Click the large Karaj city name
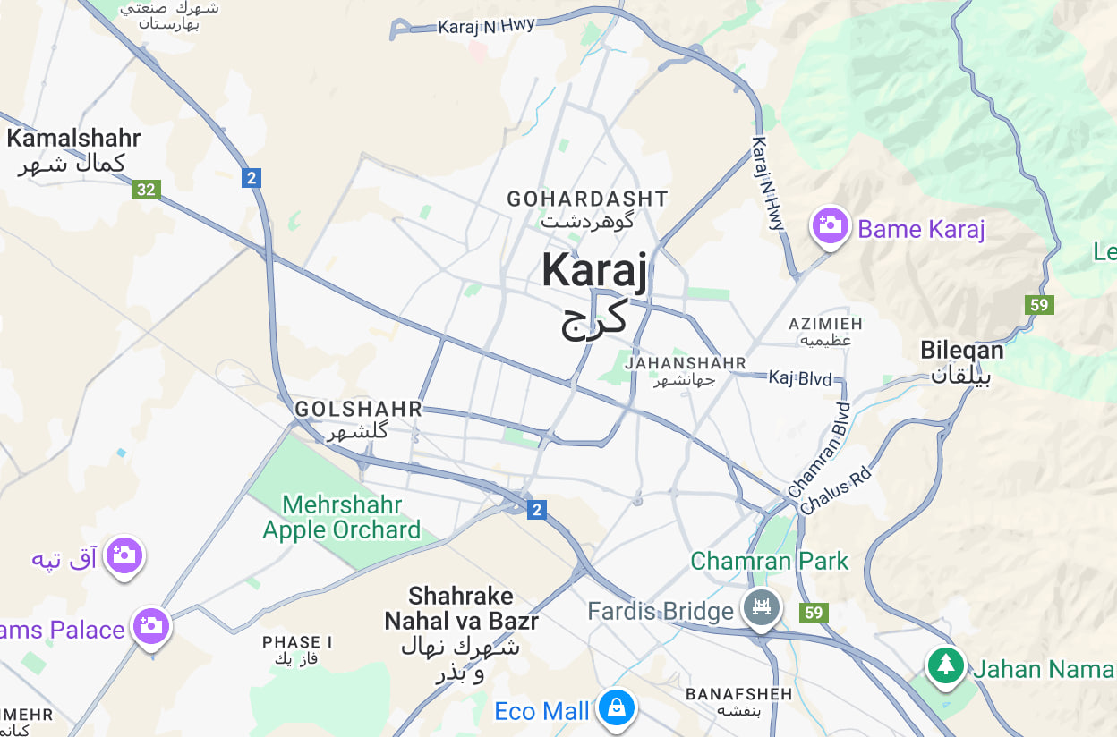593,271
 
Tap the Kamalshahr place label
73,139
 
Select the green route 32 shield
145,189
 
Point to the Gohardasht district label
587,199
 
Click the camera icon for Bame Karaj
830,224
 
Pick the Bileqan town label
962,351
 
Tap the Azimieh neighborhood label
825,323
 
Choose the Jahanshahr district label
686,363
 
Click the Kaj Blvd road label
799,378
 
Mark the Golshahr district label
358,409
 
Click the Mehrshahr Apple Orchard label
341,518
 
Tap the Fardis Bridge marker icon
761,607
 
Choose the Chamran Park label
769,562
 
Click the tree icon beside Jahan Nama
945,665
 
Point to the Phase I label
297,642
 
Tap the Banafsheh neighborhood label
738,694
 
